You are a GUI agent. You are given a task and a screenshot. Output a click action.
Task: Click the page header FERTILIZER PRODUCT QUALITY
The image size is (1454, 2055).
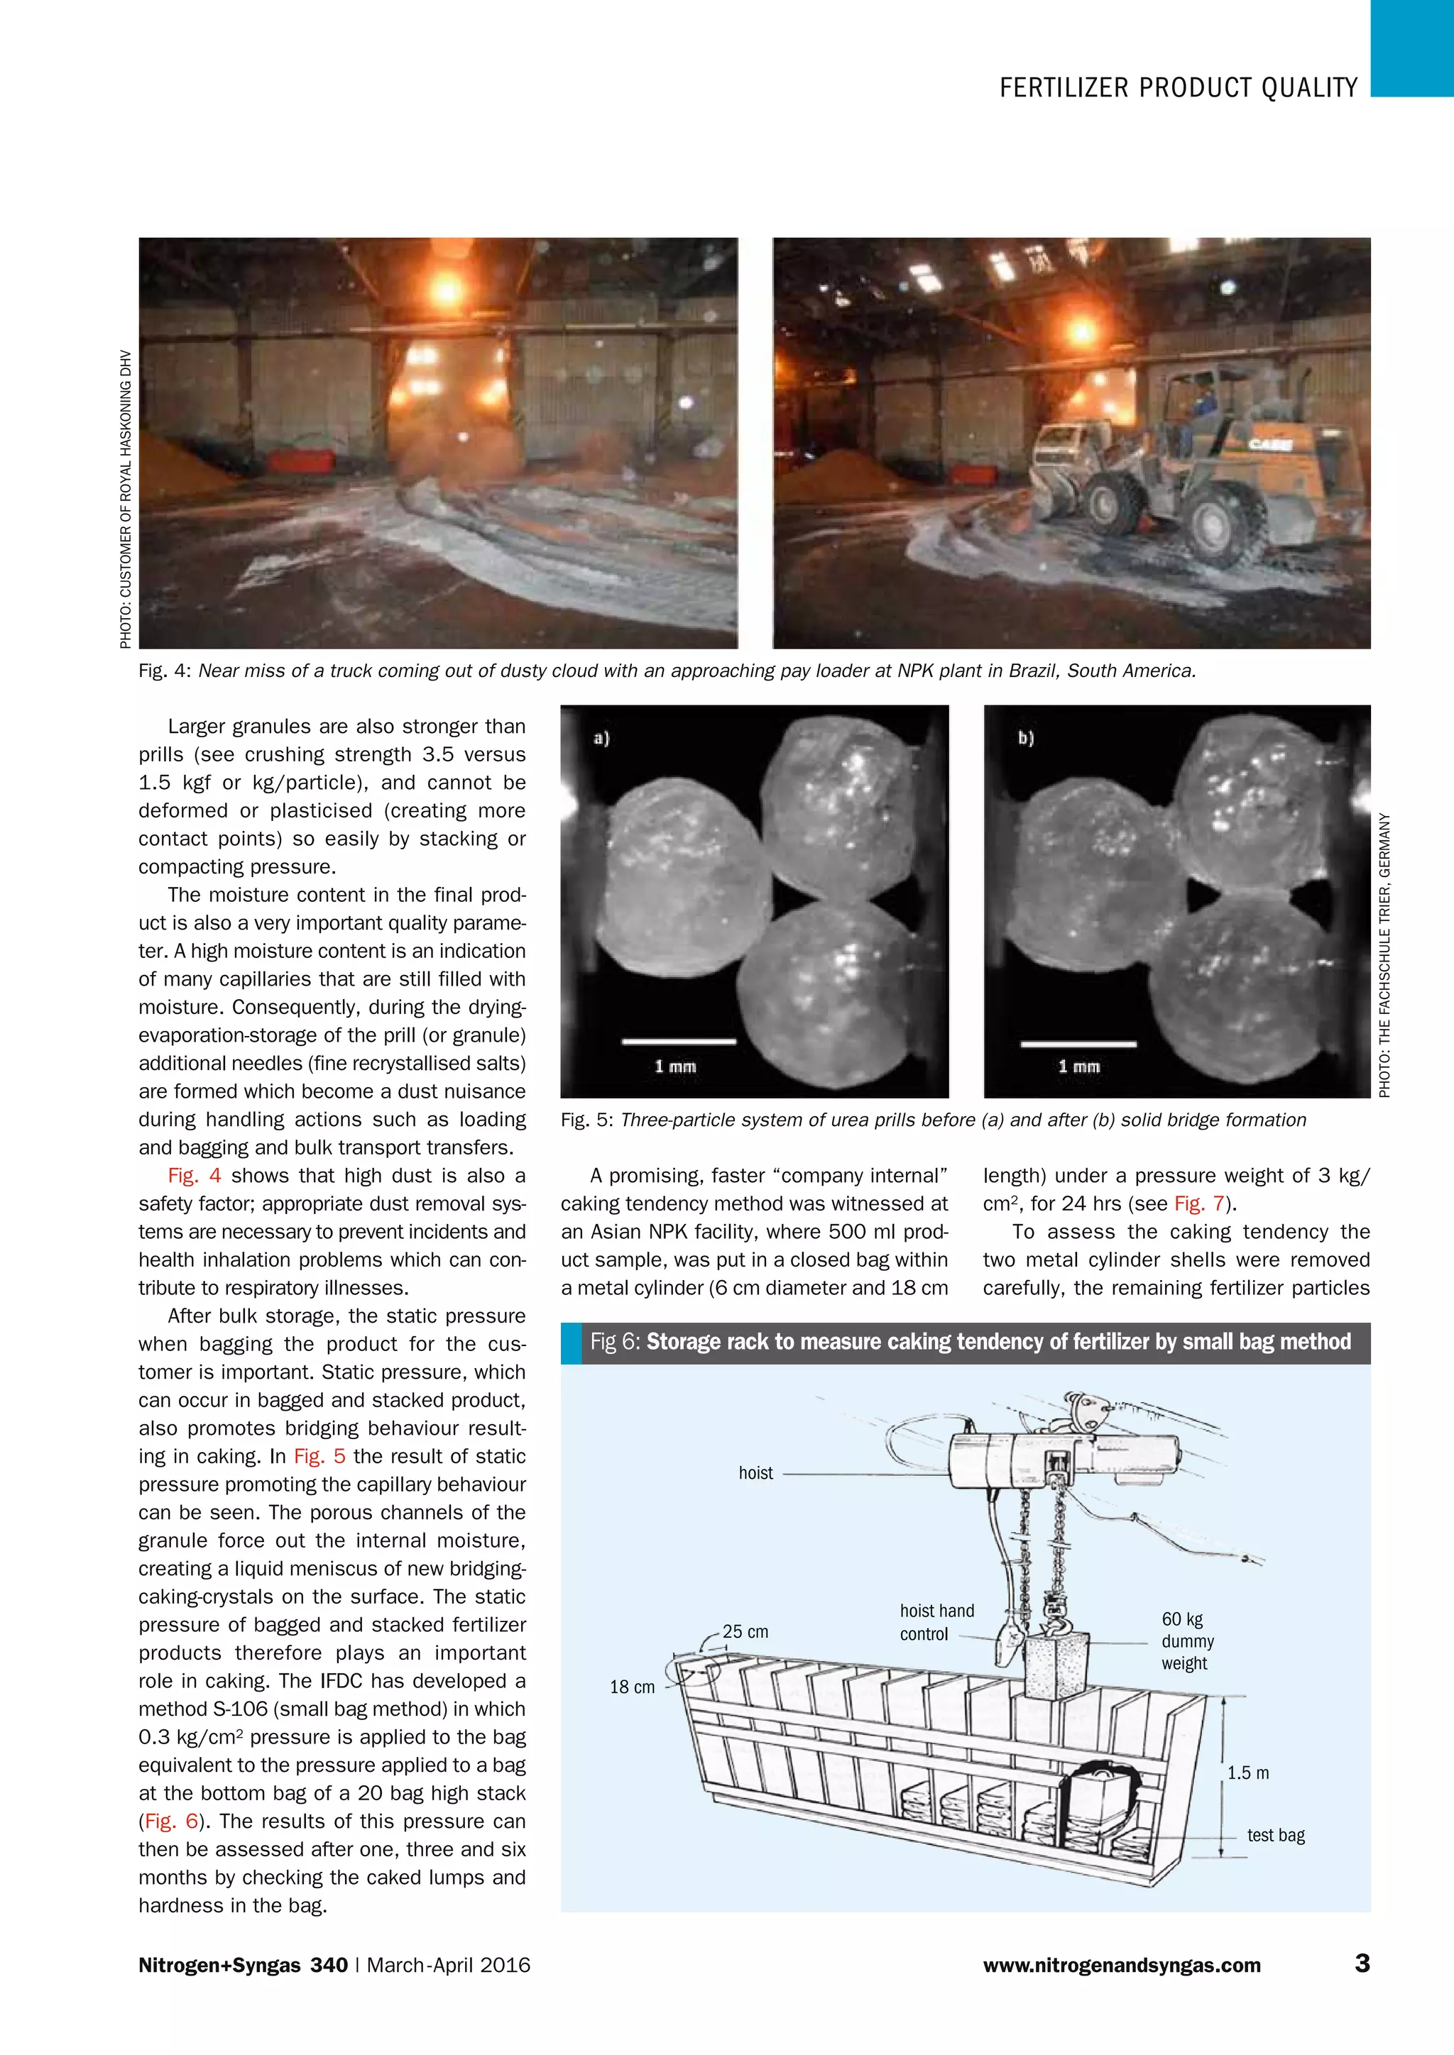coord(1179,88)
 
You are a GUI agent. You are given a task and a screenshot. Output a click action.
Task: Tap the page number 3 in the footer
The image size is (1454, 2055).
coord(1362,1963)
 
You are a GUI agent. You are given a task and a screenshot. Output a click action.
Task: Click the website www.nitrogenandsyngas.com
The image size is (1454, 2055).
coord(1122,1966)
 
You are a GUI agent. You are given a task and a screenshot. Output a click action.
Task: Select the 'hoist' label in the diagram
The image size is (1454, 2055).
coord(755,1473)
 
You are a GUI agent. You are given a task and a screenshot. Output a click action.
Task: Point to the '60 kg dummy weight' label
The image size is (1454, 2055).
coord(1187,1641)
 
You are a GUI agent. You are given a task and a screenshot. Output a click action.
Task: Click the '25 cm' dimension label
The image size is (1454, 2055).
coord(745,1631)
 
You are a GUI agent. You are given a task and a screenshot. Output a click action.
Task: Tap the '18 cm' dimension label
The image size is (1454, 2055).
coord(632,1687)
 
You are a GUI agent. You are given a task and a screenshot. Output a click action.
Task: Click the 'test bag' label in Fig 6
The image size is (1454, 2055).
coord(1276,1835)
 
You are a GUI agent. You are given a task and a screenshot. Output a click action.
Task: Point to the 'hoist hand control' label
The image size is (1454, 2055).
coord(936,1622)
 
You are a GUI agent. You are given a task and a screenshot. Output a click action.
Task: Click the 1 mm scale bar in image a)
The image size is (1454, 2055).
coord(679,1041)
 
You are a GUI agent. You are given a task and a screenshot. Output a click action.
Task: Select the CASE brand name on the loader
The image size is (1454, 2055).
coord(1270,444)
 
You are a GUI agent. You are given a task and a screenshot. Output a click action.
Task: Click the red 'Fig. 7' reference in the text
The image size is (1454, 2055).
coord(1199,1203)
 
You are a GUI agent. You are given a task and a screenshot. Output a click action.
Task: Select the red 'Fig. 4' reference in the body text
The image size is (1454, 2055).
coord(195,1176)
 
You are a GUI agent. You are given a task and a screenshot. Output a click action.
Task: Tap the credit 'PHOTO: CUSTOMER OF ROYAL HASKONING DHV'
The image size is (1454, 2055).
coord(126,500)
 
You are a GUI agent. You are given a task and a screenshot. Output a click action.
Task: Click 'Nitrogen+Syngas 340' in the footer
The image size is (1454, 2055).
coord(243,1966)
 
